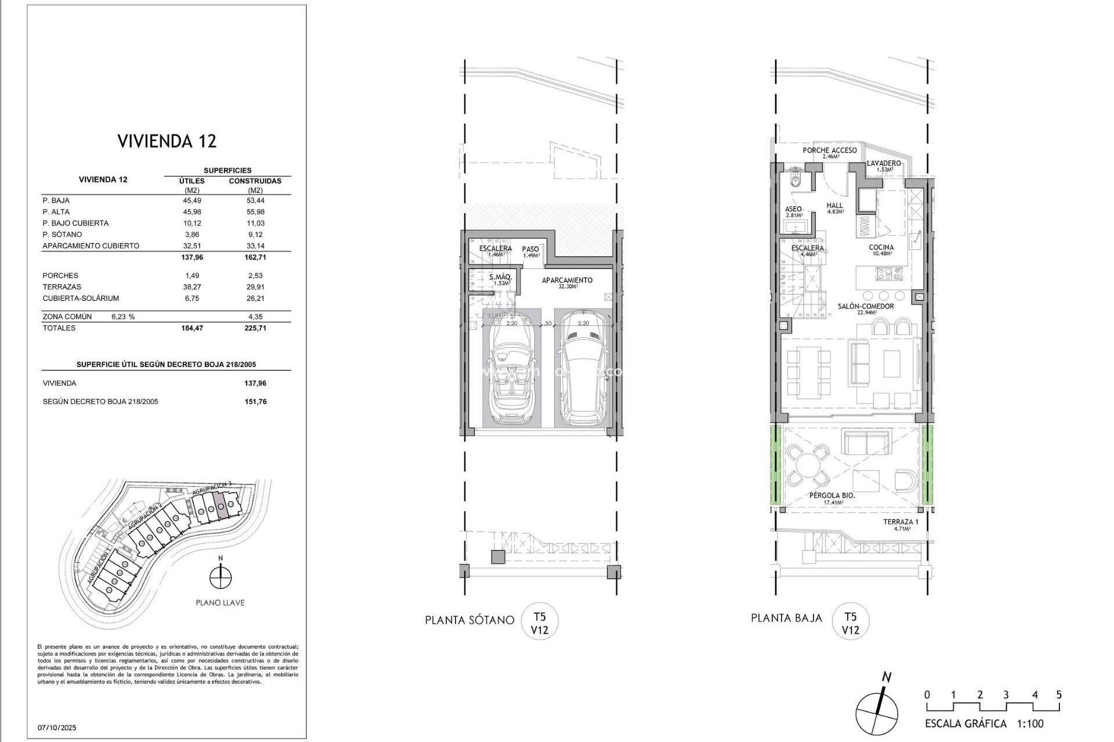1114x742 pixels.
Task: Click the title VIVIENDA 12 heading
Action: [167, 141]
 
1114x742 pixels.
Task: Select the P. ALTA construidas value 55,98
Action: [255, 212]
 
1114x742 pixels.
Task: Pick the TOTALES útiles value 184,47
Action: [192, 328]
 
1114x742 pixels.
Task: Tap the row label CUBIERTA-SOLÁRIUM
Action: [81, 299]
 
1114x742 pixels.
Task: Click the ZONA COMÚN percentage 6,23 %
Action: [122, 317]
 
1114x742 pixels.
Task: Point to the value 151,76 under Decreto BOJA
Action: [255, 402]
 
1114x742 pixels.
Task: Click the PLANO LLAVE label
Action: [220, 603]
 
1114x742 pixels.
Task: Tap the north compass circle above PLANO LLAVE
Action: [220, 577]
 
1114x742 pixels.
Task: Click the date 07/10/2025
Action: [57, 728]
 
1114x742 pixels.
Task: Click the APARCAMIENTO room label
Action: [567, 281]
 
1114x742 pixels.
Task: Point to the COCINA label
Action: [881, 248]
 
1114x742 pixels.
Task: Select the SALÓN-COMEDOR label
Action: [866, 307]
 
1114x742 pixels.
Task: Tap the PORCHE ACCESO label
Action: [829, 151]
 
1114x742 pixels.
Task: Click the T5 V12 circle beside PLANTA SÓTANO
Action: [540, 622]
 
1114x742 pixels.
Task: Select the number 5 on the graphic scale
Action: [1059, 695]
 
